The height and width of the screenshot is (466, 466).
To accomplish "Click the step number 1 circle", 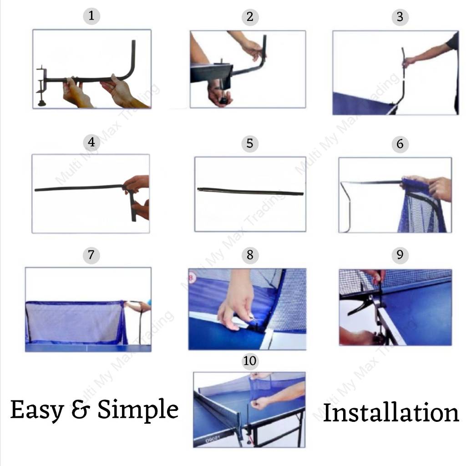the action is click(x=91, y=16).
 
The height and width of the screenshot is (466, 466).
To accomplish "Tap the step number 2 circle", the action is click(x=250, y=17).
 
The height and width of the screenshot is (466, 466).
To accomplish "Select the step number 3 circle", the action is click(x=400, y=17).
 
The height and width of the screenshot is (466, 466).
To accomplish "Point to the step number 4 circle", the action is click(x=91, y=142).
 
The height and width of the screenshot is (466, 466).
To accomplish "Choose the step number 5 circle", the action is click(x=250, y=143).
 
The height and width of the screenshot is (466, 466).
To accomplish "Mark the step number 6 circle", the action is click(x=400, y=144).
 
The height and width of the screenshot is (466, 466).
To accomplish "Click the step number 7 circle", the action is click(x=91, y=255).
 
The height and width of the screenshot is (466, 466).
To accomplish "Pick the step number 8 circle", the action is click(x=250, y=255).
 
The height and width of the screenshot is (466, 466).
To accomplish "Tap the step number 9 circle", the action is click(x=400, y=255).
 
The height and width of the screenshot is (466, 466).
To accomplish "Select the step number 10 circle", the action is click(x=250, y=361).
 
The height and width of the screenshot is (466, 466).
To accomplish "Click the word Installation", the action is click(x=391, y=412).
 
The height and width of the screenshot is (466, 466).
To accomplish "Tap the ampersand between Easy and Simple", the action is click(x=81, y=409).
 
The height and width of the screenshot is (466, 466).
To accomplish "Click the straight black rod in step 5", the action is click(x=250, y=192).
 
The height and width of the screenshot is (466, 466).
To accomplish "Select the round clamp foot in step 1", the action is click(x=42, y=103).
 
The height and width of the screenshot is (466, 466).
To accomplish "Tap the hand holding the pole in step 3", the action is click(x=409, y=62).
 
